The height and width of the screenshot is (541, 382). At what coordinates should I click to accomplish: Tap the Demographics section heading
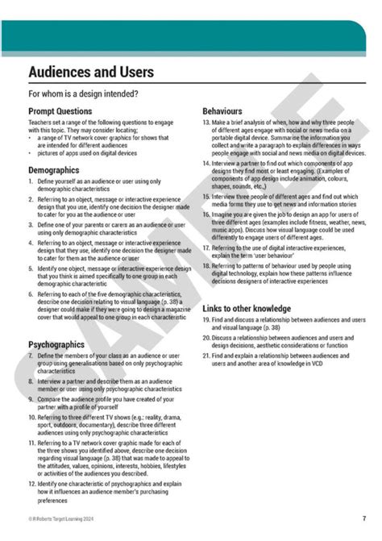point(53,171)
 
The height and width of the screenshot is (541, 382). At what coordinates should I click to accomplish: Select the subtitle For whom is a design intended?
point(83,94)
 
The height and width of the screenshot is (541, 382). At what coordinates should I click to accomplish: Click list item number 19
point(206,320)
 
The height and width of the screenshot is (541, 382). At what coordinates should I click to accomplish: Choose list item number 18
point(206,265)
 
